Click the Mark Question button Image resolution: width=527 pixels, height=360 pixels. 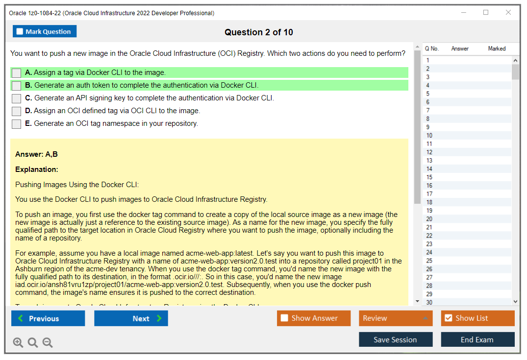[45, 31]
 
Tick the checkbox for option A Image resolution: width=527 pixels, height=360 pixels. [17, 73]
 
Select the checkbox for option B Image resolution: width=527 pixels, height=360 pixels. [17, 86]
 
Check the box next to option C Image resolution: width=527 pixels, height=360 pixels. [17, 98]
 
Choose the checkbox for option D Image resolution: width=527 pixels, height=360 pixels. [17, 111]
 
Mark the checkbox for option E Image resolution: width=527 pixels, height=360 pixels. [17, 124]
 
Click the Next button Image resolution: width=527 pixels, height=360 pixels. [131, 318]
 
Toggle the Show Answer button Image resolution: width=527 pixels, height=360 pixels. [314, 318]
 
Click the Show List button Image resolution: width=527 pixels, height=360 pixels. [477, 318]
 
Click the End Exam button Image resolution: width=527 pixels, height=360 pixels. [477, 339]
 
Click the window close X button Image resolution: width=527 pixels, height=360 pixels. [508, 13]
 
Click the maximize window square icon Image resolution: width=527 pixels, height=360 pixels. [486, 13]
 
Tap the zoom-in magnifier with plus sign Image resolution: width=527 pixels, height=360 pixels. [18, 342]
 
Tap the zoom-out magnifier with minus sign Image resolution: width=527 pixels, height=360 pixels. [48, 342]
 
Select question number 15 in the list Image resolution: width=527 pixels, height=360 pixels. [429, 177]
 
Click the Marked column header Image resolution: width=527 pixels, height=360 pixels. [497, 48]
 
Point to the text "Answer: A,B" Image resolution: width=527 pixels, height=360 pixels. [37, 154]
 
